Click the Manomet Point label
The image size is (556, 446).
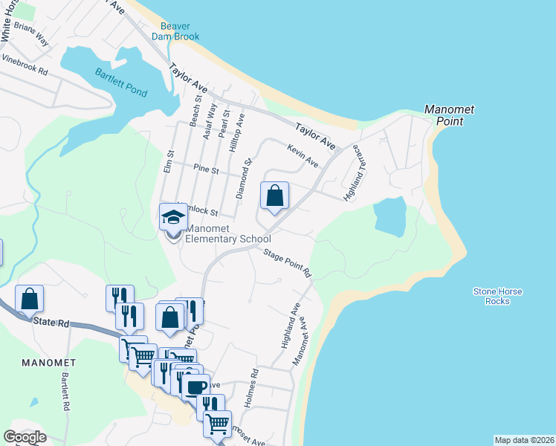pos(449,115)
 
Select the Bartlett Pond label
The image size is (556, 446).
pos(120,83)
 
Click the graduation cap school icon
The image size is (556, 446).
pos(173,217)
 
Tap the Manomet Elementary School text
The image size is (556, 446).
pos(227,234)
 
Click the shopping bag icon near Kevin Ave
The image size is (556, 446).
pos(274,196)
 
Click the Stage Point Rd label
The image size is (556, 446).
pos(288,263)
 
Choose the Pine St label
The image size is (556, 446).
pos(206,170)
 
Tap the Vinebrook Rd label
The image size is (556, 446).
pos(25,65)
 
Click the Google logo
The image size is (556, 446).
pos(25,436)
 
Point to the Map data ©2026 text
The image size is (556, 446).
pos(523,440)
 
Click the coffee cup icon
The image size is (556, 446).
pos(196,387)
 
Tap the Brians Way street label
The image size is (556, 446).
pos(30,35)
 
